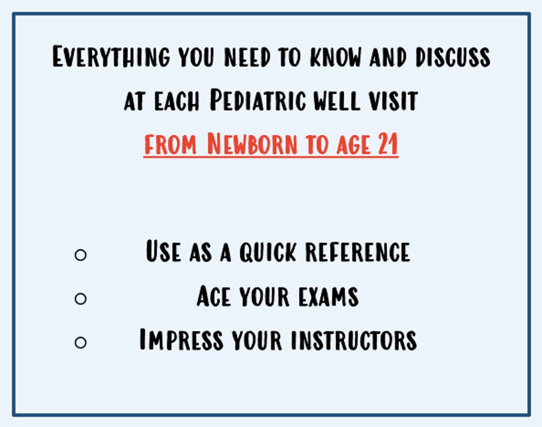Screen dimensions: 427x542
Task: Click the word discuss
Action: click(453, 57)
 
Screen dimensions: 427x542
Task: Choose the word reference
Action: click(357, 252)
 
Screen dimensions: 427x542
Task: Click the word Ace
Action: click(213, 296)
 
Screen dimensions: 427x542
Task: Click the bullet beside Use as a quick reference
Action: click(81, 255)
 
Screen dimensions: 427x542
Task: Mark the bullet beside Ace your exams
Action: click(81, 299)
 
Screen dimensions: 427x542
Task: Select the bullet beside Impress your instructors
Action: click(81, 342)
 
